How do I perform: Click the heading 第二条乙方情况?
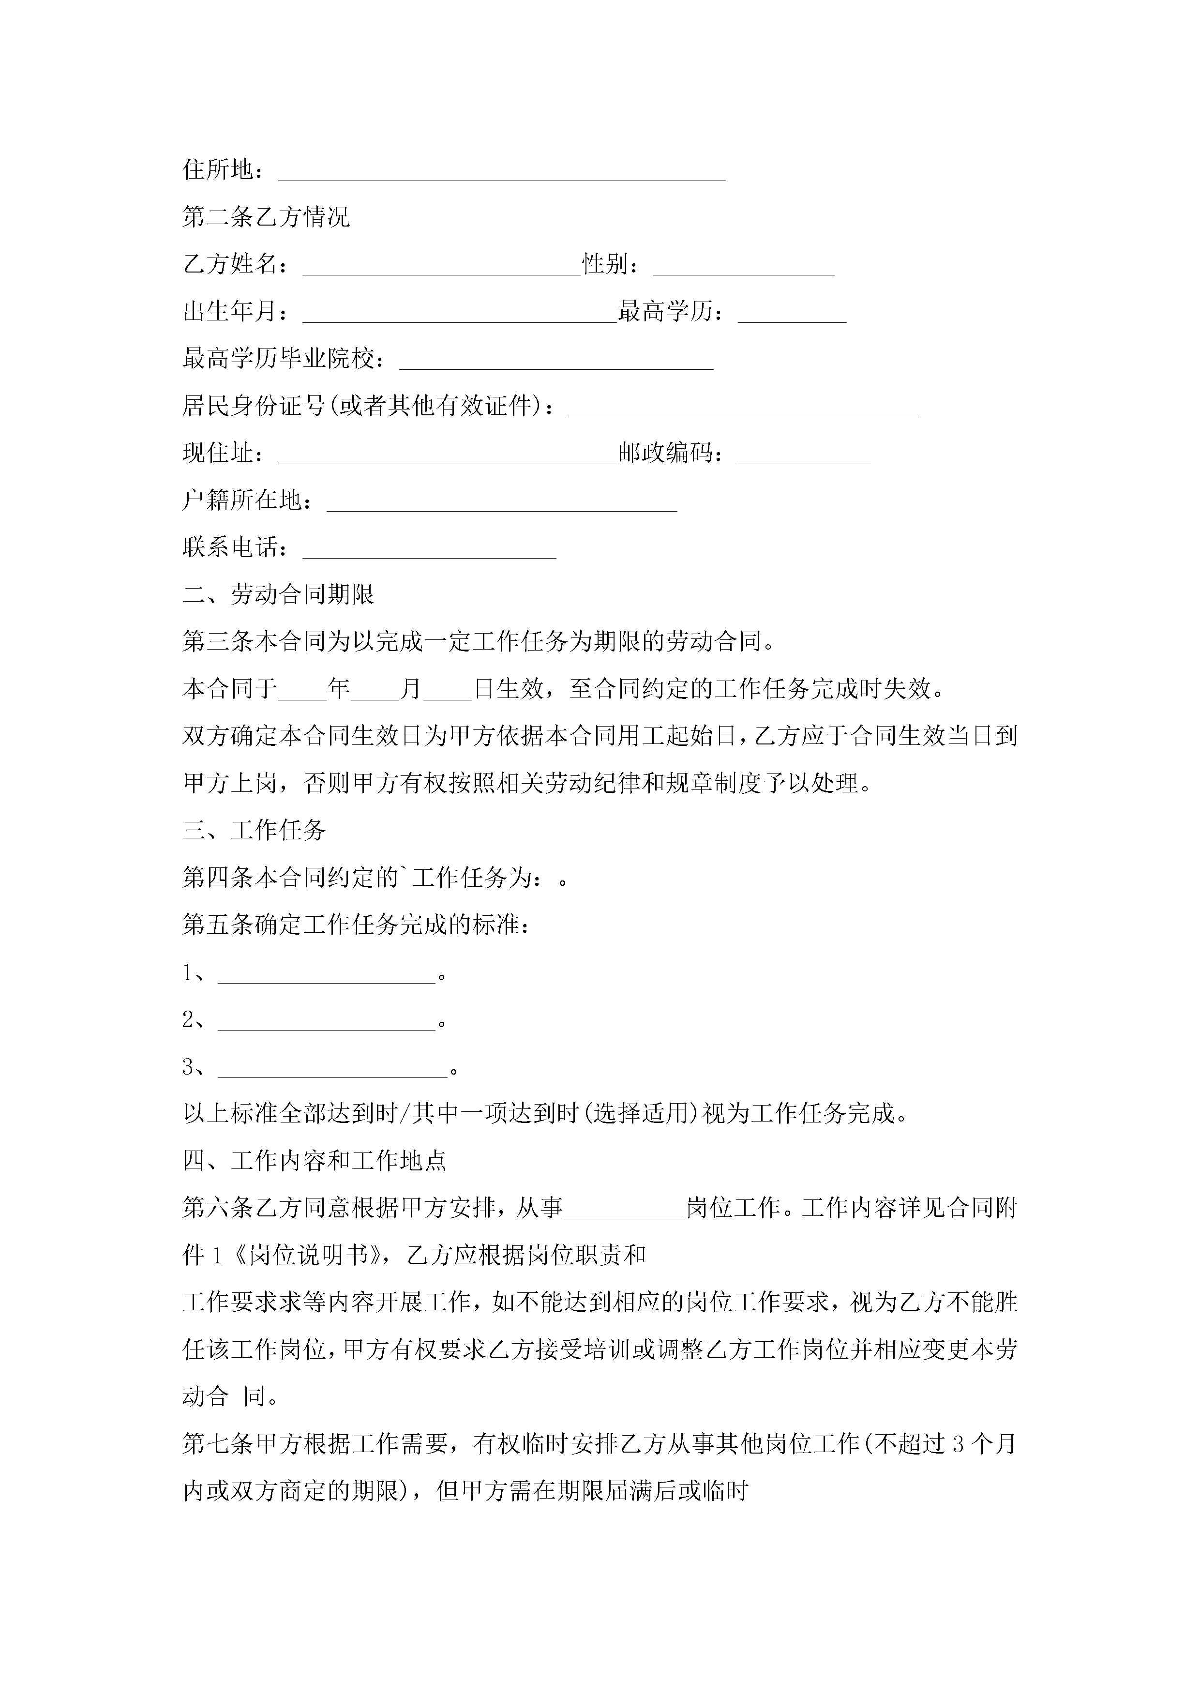266,217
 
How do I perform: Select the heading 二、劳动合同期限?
278,594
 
